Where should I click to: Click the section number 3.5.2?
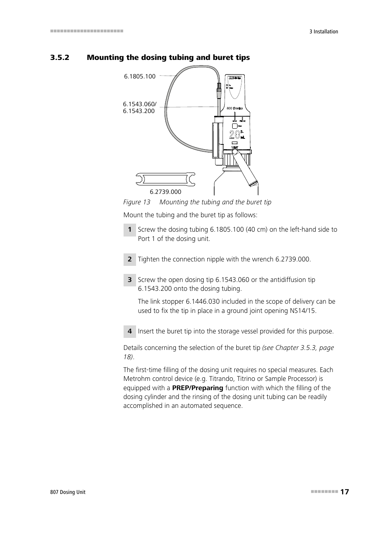click(60, 58)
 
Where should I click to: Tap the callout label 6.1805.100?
click(139, 76)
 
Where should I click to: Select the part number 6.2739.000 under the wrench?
click(165, 192)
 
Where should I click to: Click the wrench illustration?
click(165, 179)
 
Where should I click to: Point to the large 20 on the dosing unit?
click(234, 135)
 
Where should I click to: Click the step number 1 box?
click(129, 230)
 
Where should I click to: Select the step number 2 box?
click(129, 259)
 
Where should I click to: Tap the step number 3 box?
click(129, 280)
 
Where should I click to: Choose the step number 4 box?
click(129, 331)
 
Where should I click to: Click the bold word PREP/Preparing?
click(197, 388)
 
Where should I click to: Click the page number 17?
click(344, 492)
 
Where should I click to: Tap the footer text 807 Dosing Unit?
click(68, 492)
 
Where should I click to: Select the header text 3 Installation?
click(324, 32)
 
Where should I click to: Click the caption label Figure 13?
click(136, 202)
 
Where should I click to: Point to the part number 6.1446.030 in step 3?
click(202, 302)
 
